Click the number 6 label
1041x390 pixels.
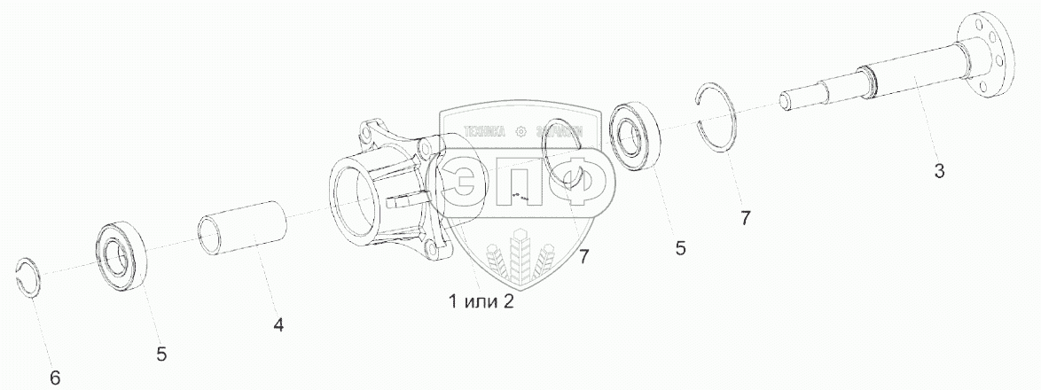click(55, 378)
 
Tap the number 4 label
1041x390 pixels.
click(278, 325)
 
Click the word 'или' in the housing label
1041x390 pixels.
click(481, 301)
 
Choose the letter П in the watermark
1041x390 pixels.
click(525, 183)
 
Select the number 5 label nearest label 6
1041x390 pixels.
click(161, 355)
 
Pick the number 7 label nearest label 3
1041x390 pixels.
click(746, 218)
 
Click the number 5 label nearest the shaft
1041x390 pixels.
click(680, 249)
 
